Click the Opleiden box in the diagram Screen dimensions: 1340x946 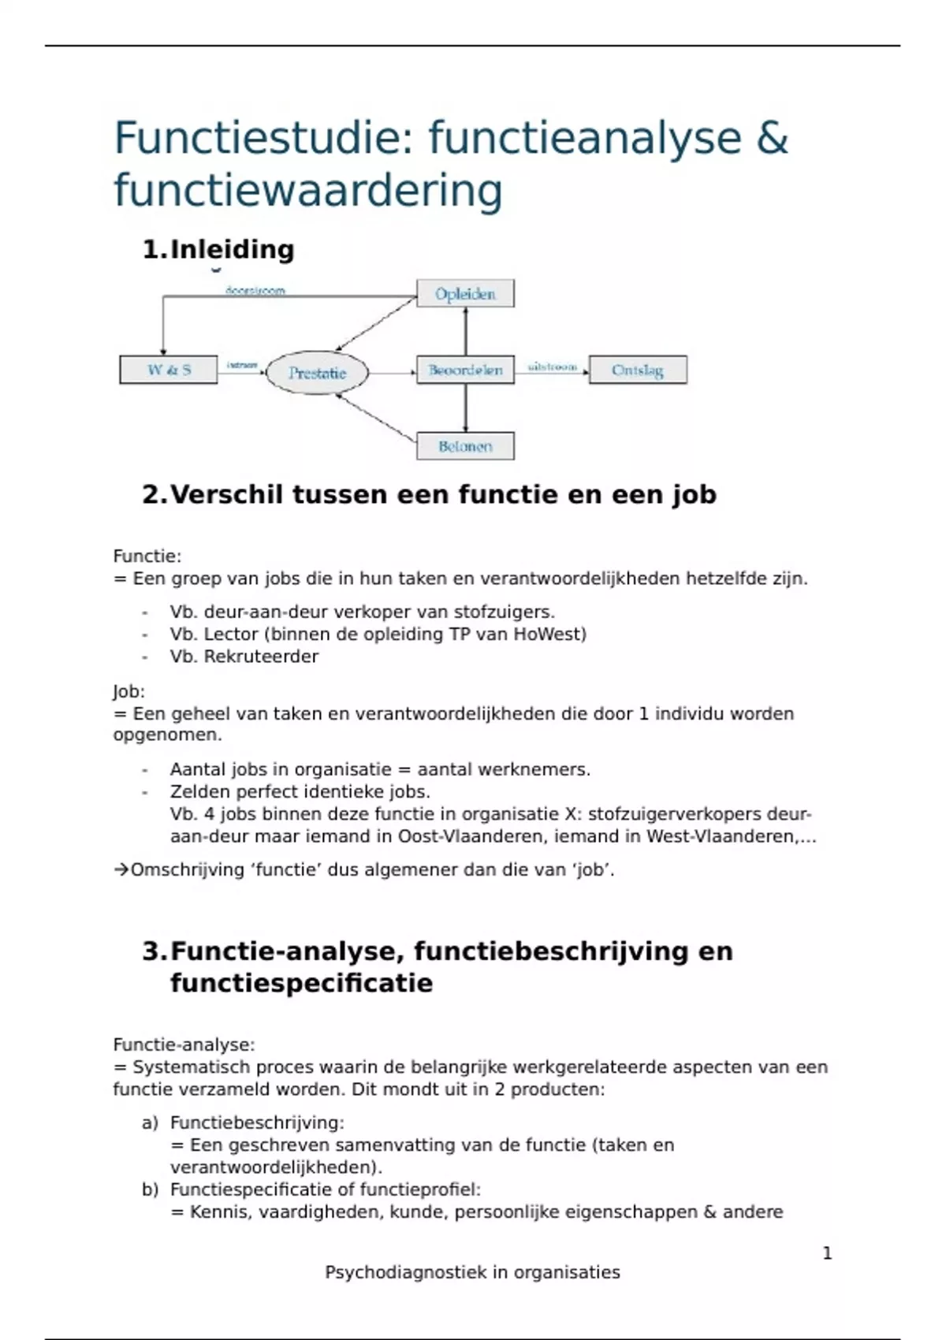pyautogui.click(x=465, y=294)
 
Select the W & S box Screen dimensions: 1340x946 pyautogui.click(x=169, y=370)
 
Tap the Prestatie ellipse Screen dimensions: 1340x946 pyautogui.click(x=317, y=373)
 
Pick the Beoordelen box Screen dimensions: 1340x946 pyautogui.click(x=465, y=370)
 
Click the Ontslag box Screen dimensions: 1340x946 pyautogui.click(x=638, y=370)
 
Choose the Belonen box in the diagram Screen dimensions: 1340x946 pyautogui.click(x=465, y=446)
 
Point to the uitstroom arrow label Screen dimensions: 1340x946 pyautogui.click(x=552, y=367)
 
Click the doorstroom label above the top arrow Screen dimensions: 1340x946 pyautogui.click(x=255, y=290)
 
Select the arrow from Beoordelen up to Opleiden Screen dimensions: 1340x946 pyautogui.click(x=466, y=331)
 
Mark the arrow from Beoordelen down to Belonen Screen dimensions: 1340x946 pyautogui.click(x=466, y=408)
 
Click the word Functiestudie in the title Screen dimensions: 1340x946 pyautogui.click(x=258, y=139)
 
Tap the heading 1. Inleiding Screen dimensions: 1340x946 pyautogui.click(x=218, y=249)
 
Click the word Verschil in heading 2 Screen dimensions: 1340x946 pyautogui.click(x=226, y=494)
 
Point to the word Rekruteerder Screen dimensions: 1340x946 pyautogui.click(x=261, y=657)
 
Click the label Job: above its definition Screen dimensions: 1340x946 pyautogui.click(x=129, y=691)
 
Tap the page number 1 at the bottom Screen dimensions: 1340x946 pyautogui.click(x=827, y=1253)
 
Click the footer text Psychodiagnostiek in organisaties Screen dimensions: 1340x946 pyautogui.click(x=472, y=1272)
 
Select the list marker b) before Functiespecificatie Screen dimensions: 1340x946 pyautogui.click(x=151, y=1189)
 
